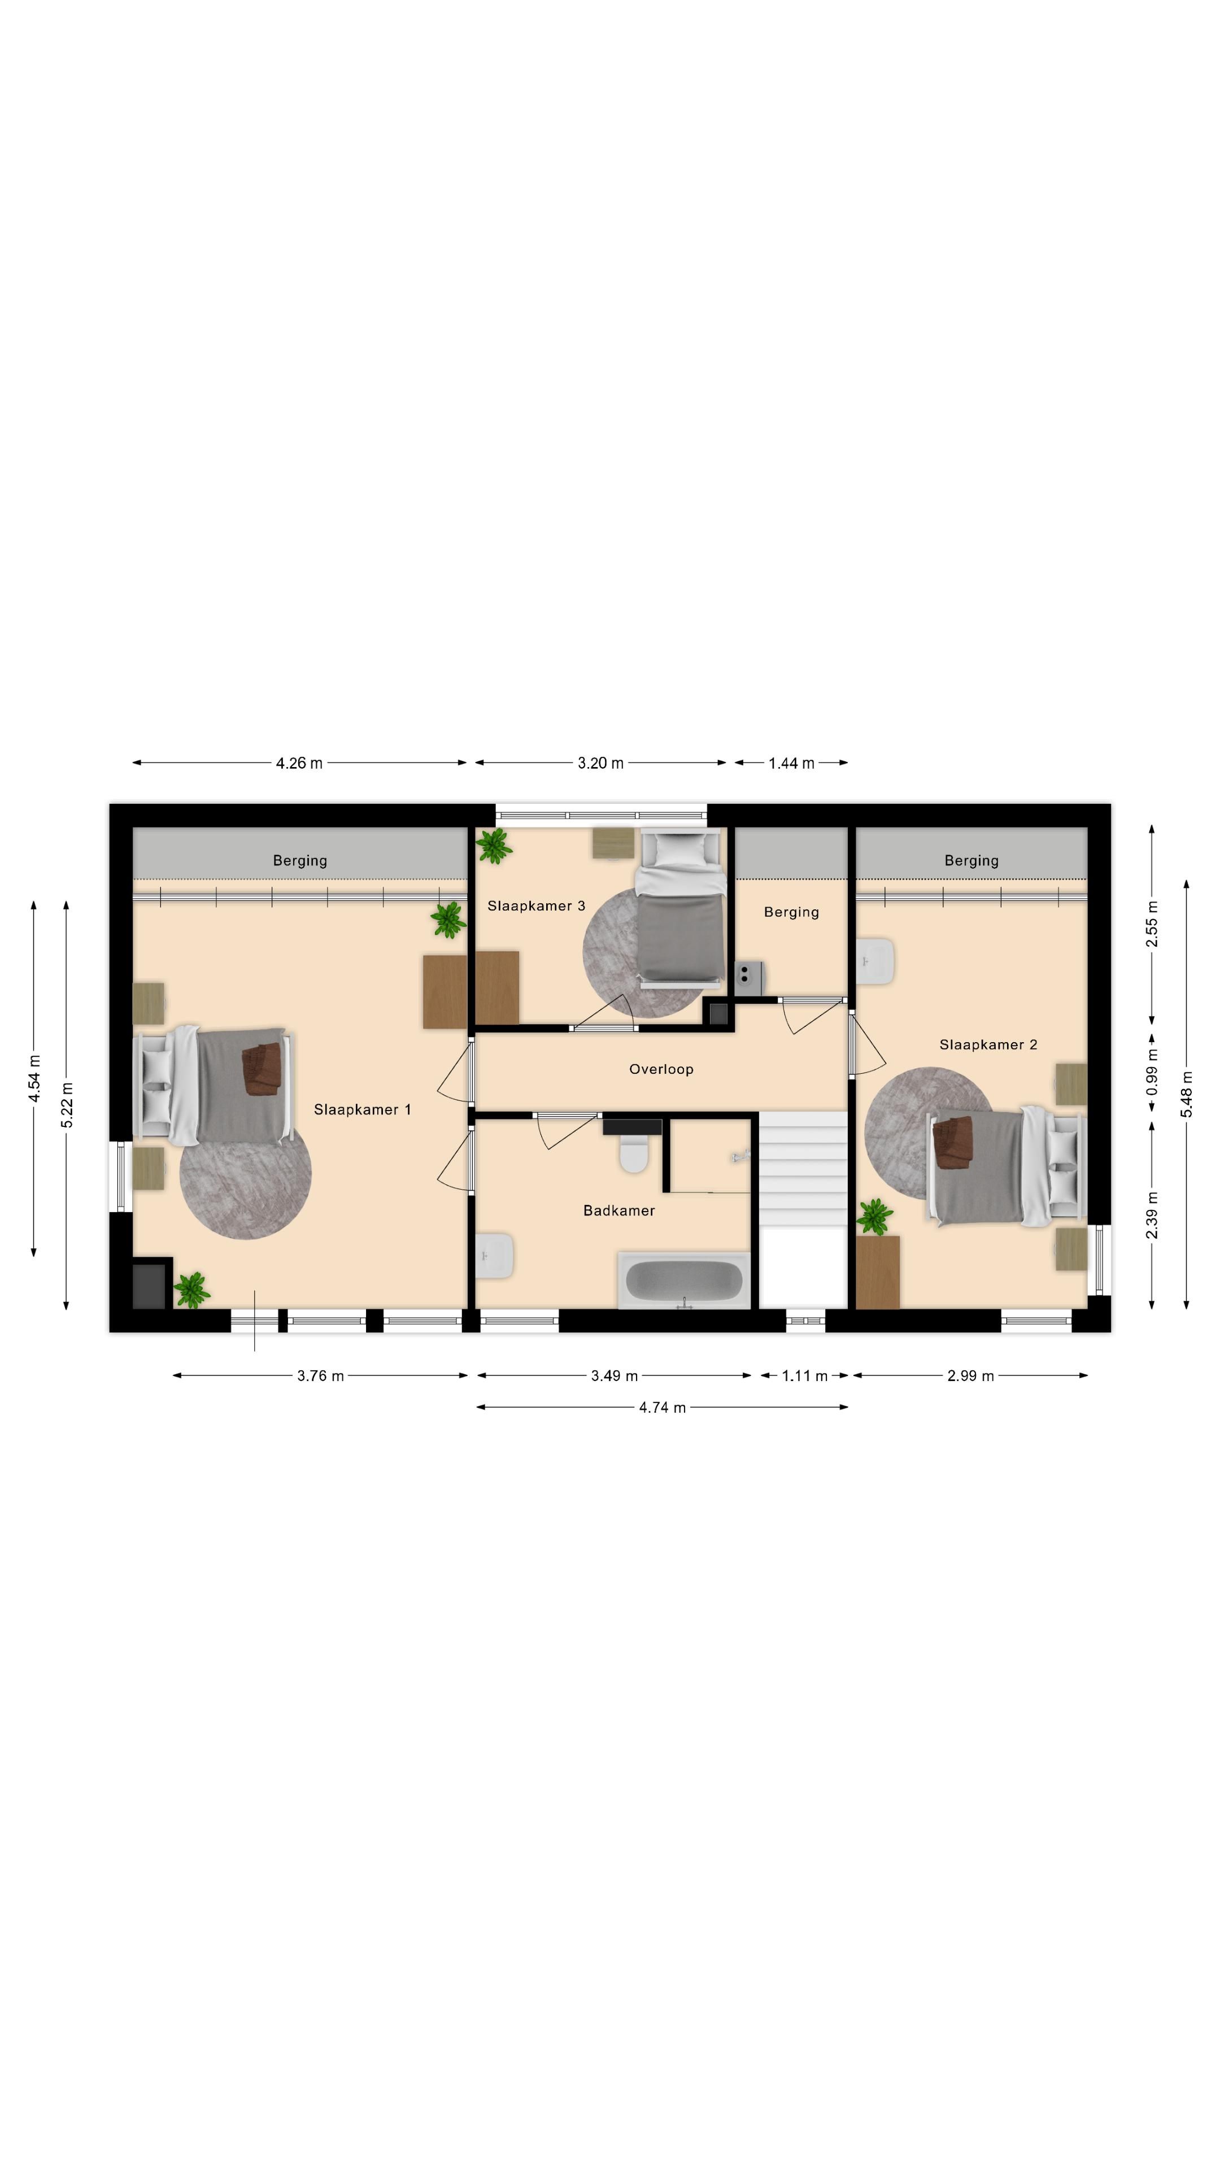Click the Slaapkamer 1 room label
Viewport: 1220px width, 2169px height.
pos(362,1110)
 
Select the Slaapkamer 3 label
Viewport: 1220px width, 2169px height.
pos(535,906)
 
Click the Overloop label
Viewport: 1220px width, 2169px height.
pos(661,1069)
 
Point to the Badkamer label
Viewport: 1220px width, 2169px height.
pos(619,1211)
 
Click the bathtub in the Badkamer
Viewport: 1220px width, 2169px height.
pos(683,1281)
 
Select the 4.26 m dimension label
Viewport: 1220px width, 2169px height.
pos(299,763)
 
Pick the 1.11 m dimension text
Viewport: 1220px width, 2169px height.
pos(804,1376)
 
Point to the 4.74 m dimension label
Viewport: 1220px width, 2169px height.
pos(662,1408)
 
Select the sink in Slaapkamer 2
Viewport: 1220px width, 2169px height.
pos(875,961)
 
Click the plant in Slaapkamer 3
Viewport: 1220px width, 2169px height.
pos(494,846)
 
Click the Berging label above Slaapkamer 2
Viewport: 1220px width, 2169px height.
pos(971,860)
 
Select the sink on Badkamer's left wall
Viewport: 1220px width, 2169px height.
pos(495,1256)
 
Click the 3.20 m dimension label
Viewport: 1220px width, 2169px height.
pos(600,763)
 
